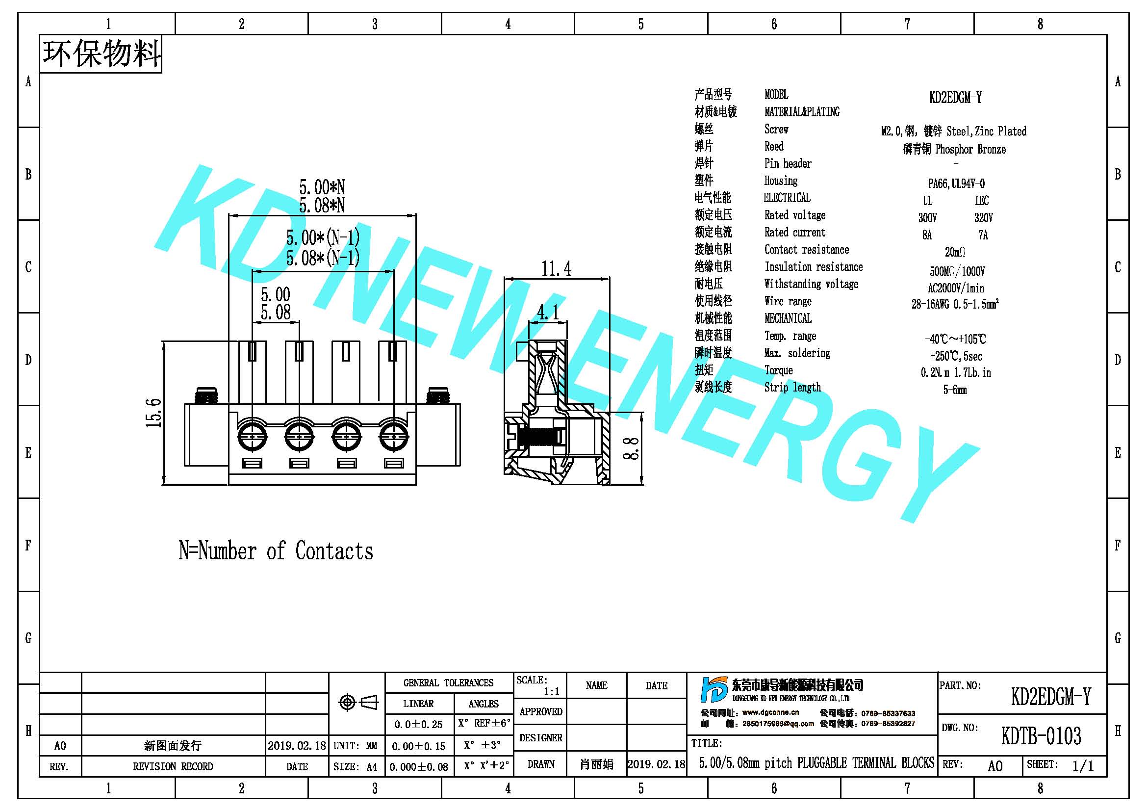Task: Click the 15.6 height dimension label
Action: tap(154, 413)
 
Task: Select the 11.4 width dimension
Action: tap(556, 269)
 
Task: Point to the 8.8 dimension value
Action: tap(632, 449)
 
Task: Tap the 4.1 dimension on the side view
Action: tap(548, 313)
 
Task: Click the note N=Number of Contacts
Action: tap(276, 550)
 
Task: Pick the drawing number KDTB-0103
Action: tap(1041, 735)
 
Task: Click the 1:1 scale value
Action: tap(552, 692)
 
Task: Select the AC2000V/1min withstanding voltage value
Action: tap(956, 288)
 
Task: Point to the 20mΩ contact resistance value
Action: tap(955, 252)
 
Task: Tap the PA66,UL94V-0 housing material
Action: tap(956, 183)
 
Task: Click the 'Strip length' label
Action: tap(792, 387)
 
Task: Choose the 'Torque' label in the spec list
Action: tap(778, 370)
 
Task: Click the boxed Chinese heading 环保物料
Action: tap(102, 54)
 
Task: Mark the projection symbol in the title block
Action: tap(358, 703)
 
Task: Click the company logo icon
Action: tap(714, 690)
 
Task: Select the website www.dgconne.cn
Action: tap(770, 712)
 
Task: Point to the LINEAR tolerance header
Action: tap(419, 704)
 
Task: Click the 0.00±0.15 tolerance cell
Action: tap(419, 746)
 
